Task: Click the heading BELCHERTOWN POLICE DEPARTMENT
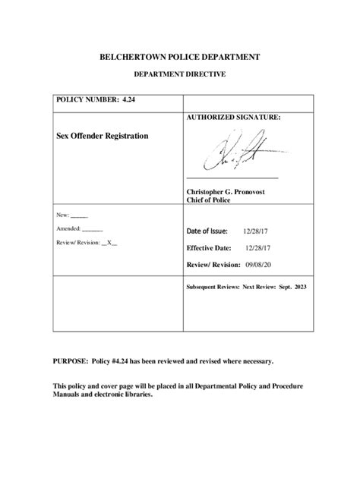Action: coord(180,56)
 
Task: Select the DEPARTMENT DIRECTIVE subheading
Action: coord(179,74)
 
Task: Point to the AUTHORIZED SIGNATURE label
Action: coord(233,118)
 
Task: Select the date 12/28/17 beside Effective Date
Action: coord(257,247)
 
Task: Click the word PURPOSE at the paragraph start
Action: coord(69,362)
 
